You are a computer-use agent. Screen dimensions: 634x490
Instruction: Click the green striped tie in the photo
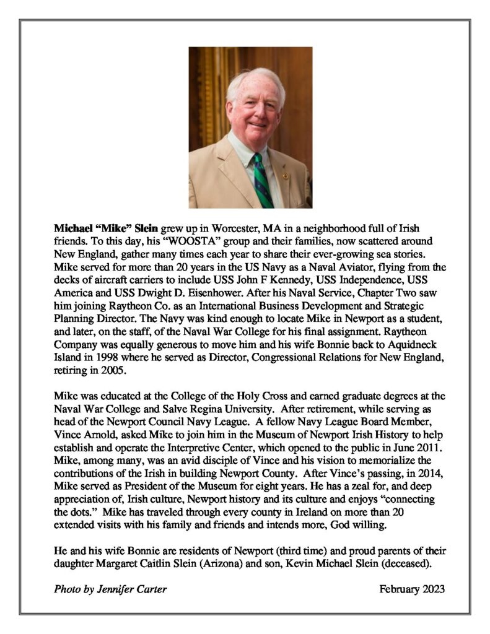pyautogui.click(x=261, y=181)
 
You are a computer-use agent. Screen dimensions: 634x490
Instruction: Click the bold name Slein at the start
pyautogui.click(x=146, y=228)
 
